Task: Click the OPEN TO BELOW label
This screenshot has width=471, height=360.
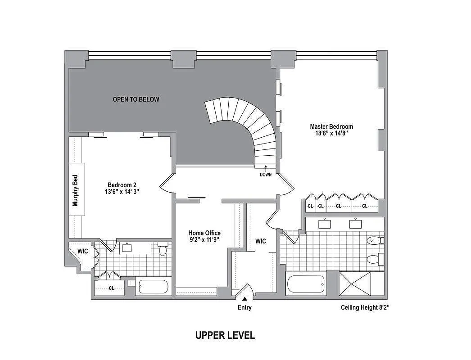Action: [136, 99]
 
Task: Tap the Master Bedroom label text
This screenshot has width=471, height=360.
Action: [331, 126]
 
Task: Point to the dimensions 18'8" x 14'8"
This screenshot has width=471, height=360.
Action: [331, 134]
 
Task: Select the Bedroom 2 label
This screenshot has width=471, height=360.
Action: [122, 185]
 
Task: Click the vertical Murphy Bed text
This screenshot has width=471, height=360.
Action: [75, 190]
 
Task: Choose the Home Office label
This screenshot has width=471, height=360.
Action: [204, 233]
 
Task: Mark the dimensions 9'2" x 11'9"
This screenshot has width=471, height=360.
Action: [204, 240]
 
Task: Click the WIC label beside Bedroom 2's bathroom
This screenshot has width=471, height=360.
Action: [82, 251]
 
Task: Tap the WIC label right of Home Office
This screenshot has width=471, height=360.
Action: [260, 241]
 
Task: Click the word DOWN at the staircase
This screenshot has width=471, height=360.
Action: [266, 175]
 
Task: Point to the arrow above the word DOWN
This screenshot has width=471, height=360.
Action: [266, 168]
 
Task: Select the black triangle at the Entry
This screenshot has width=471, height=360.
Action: [245, 298]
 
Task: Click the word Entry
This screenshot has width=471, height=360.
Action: [245, 308]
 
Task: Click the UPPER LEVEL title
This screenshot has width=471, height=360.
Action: [225, 335]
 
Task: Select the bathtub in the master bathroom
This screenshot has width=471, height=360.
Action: [306, 284]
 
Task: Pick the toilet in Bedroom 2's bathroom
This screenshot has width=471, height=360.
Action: [163, 249]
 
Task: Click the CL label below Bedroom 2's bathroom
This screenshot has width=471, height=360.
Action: [111, 288]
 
